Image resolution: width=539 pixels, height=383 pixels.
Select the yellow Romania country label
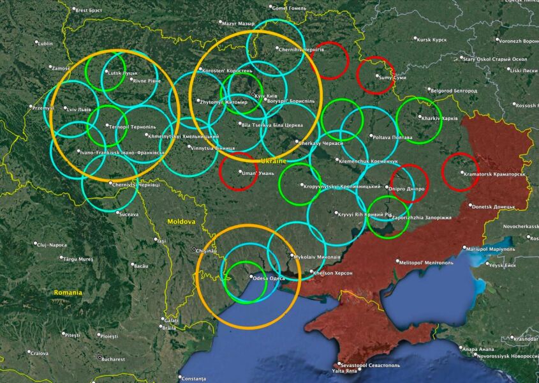68,292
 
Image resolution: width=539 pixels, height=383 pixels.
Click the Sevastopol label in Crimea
366,365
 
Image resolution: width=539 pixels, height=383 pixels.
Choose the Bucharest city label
112,359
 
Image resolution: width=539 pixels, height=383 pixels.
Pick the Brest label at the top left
88,10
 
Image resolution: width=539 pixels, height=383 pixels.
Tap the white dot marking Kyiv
253,95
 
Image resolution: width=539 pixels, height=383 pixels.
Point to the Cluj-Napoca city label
51,244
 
